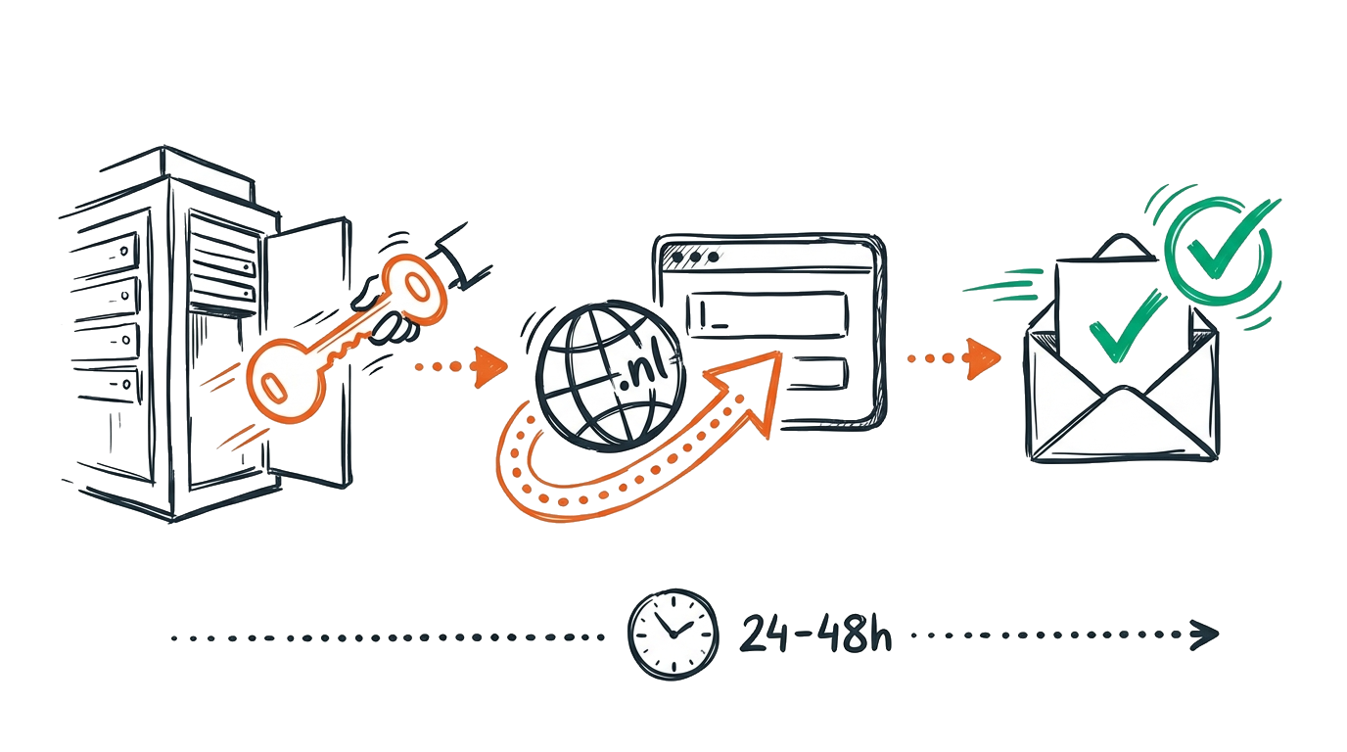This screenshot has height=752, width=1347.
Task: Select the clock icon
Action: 673,634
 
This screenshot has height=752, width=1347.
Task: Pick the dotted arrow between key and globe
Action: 461,366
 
